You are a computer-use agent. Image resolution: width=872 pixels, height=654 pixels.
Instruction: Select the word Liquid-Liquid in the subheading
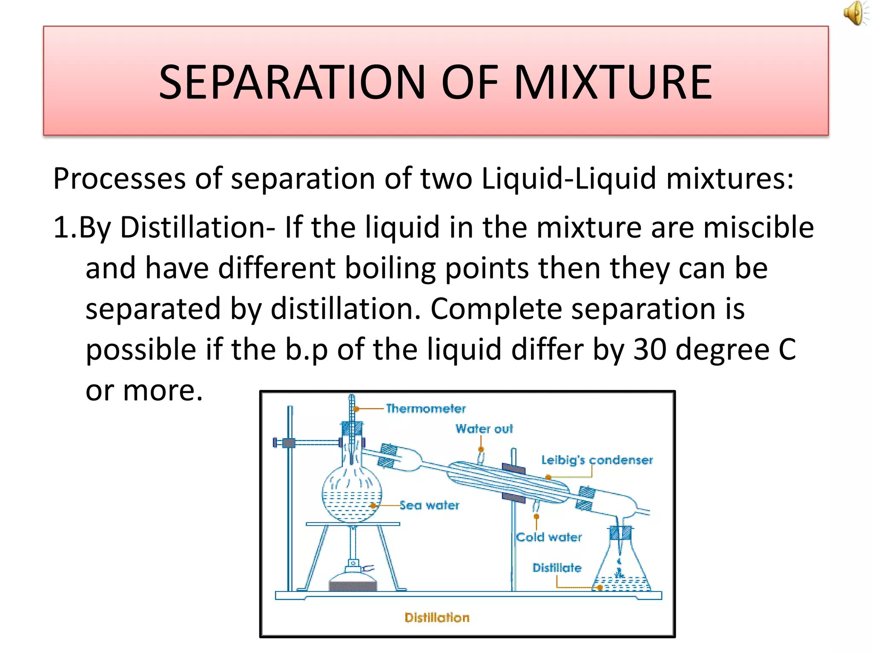[x=568, y=179]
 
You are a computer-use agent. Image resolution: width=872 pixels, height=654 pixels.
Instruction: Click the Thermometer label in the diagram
[x=425, y=409]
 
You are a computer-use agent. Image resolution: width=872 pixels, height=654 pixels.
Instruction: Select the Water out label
[x=484, y=429]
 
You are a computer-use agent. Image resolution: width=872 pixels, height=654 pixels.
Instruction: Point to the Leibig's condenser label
[x=597, y=460]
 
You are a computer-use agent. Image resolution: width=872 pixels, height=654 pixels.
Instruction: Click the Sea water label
[x=430, y=505]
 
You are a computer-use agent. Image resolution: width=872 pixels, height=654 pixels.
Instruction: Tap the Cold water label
[x=549, y=537]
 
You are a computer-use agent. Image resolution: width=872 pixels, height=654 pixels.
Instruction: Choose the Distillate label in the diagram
[x=557, y=568]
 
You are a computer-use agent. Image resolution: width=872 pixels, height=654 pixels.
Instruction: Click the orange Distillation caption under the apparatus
[x=437, y=618]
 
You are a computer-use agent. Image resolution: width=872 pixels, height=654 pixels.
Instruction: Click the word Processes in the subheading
[x=120, y=179]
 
